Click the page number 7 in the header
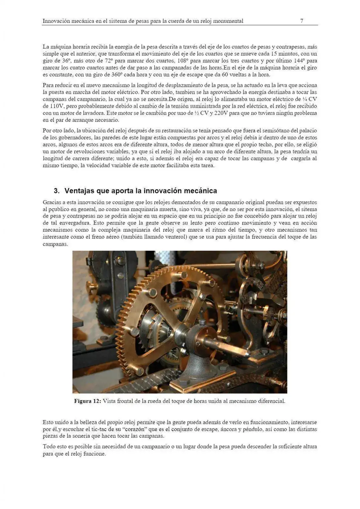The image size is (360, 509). (301, 21)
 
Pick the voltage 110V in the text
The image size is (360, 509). (50, 106)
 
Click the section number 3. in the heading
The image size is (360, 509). (57, 191)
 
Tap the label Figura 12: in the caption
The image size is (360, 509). (87, 401)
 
